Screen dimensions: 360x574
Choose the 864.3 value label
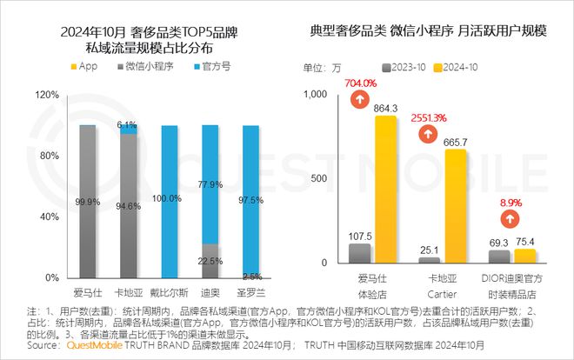click(385, 108)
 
